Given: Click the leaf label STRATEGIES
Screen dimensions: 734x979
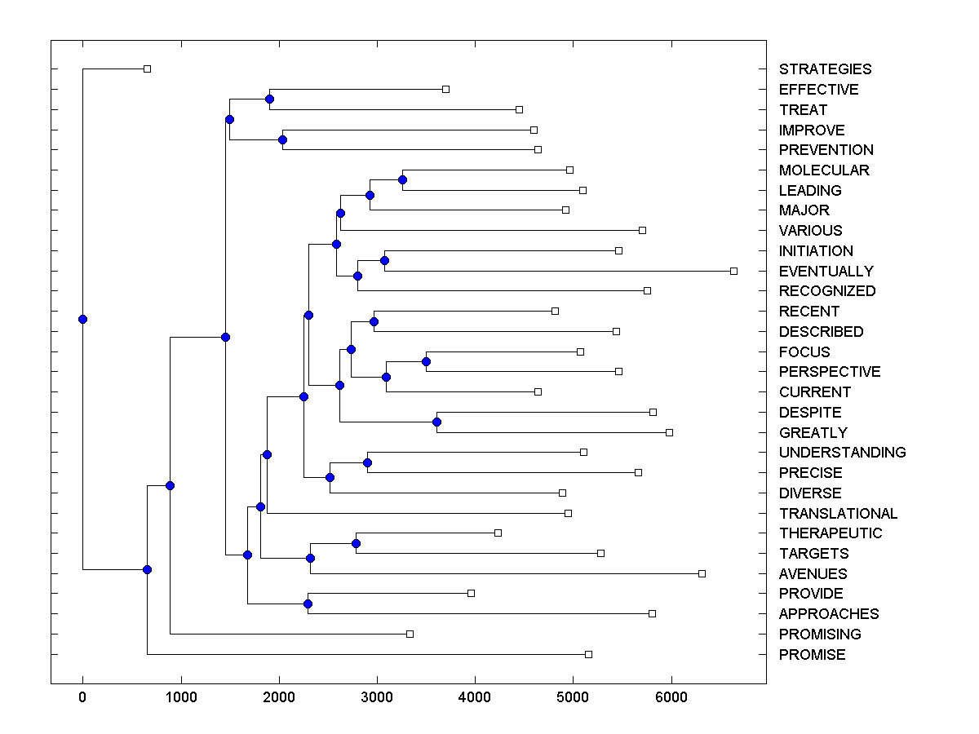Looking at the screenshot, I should [x=825, y=69].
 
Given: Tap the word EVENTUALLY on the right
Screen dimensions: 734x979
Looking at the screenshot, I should [x=826, y=271].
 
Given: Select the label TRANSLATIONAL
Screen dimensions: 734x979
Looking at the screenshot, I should [x=838, y=513].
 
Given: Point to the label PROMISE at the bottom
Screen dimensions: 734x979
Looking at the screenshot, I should [x=812, y=655].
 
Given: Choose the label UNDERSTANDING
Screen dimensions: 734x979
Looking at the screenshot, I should [x=842, y=453].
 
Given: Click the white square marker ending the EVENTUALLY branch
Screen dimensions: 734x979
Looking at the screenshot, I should [x=733, y=271].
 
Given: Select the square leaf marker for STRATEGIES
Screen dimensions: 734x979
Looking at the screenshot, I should [x=147, y=69].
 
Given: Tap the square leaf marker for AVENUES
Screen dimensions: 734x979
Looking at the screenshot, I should [x=702, y=573].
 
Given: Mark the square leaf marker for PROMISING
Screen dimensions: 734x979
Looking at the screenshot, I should [x=410, y=634].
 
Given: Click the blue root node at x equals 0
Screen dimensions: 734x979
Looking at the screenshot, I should [x=82, y=319].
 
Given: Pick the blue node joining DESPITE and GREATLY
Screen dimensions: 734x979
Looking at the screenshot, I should [x=436, y=422].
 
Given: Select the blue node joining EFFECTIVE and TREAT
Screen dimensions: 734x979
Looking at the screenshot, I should [x=269, y=99].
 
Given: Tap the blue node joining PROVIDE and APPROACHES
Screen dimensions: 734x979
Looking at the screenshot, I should [x=308, y=604].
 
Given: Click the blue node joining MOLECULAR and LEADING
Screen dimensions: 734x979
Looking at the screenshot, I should [x=402, y=179].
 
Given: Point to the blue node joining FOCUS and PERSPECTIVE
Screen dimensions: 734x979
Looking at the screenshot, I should [x=426, y=361].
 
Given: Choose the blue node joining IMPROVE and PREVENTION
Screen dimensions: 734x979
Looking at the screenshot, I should [x=282, y=139].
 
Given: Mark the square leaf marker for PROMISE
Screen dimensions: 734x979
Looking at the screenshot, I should [x=588, y=654].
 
